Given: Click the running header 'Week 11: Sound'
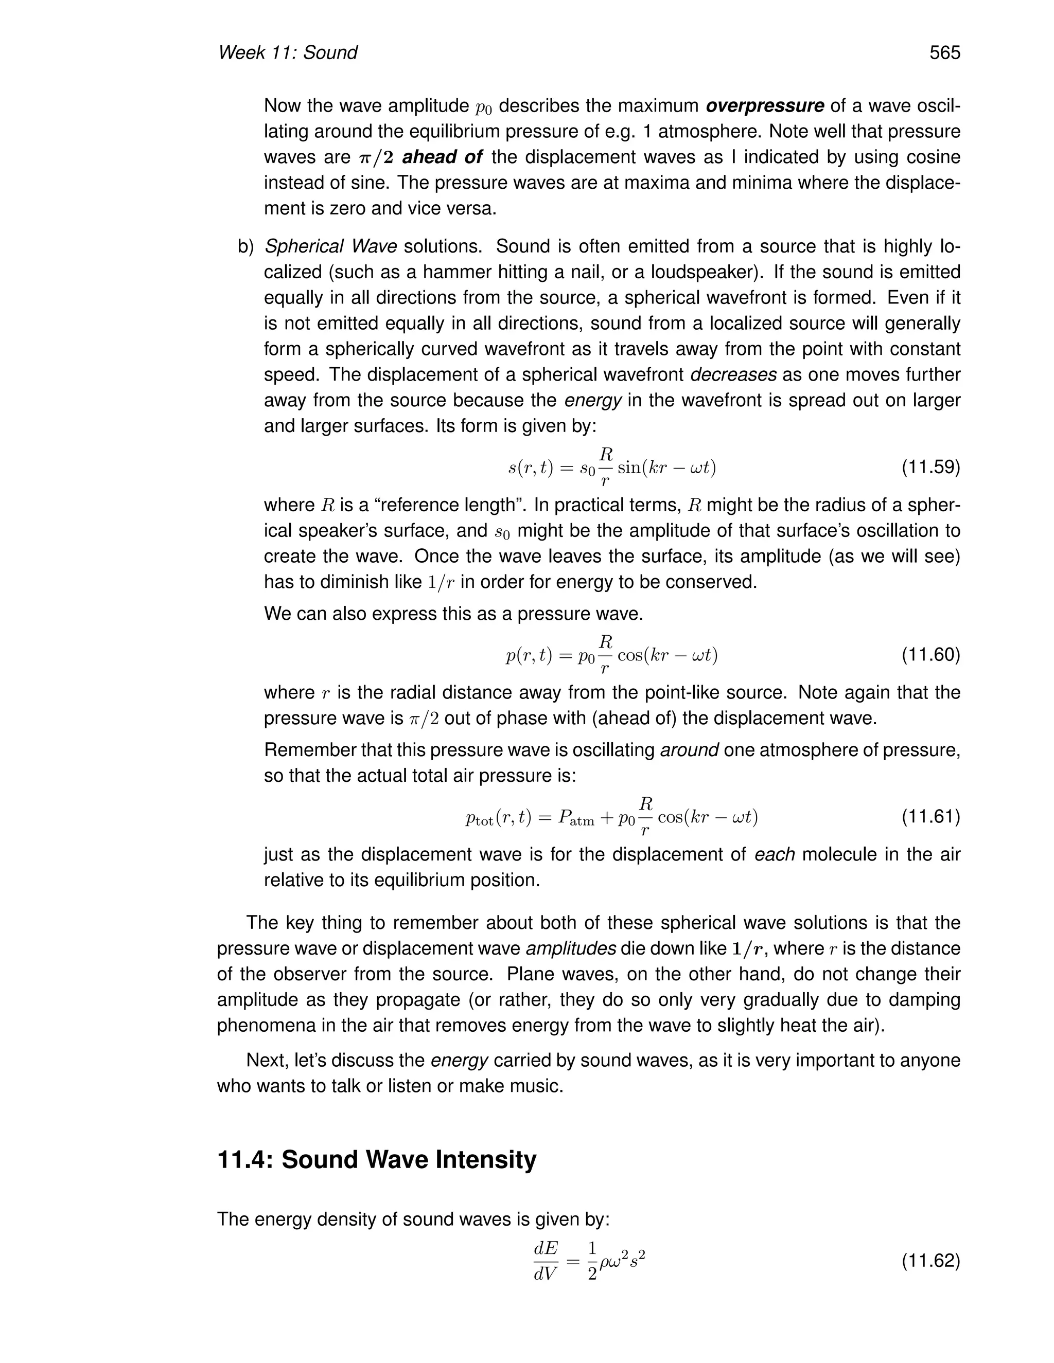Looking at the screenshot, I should click(287, 53).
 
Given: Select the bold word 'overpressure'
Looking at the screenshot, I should click(765, 106).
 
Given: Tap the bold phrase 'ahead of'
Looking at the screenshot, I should click(442, 157).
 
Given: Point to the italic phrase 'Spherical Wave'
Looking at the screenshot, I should click(330, 246).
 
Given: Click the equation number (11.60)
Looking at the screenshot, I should click(930, 655).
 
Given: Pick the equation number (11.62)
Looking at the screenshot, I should click(930, 1261).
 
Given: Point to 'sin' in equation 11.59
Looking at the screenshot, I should click(629, 468).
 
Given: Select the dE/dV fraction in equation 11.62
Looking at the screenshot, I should click(545, 1261).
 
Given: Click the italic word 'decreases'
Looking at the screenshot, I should click(734, 375).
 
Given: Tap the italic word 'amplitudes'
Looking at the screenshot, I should click(571, 948).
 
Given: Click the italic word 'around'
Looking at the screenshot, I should click(689, 750).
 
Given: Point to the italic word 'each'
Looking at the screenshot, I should click(774, 854).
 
